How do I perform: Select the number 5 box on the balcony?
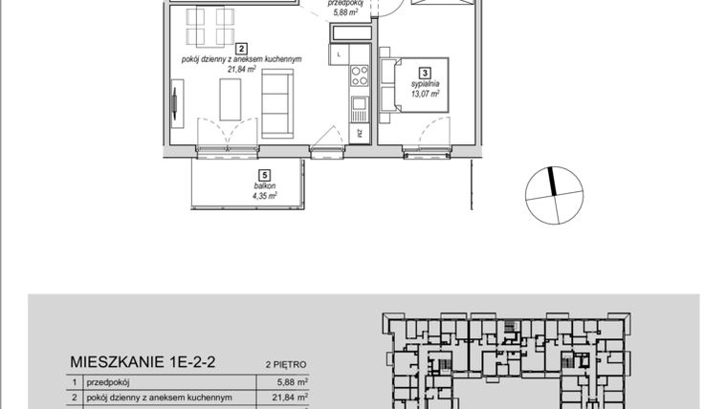click(x=260, y=174)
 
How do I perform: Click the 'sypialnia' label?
click(x=427, y=84)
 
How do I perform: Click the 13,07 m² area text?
click(x=427, y=94)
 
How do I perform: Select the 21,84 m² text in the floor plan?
click(x=242, y=69)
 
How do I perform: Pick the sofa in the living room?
click(x=278, y=104)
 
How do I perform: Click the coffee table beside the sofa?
click(x=231, y=98)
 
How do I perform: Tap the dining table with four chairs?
click(x=210, y=27)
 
